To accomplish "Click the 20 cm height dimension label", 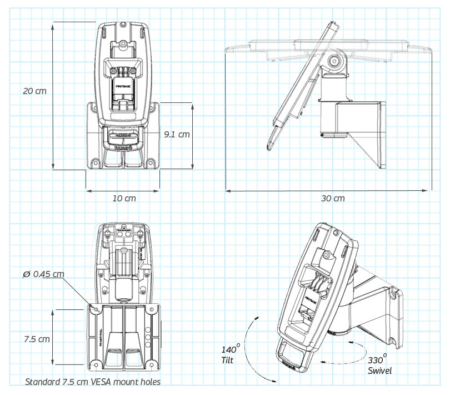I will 34,91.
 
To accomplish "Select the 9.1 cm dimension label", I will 177,134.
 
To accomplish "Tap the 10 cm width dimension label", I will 123,198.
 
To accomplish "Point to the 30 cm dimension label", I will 333,199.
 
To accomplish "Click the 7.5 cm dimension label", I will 36,338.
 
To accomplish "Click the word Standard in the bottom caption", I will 43,382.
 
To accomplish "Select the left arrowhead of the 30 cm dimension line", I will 227,190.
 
